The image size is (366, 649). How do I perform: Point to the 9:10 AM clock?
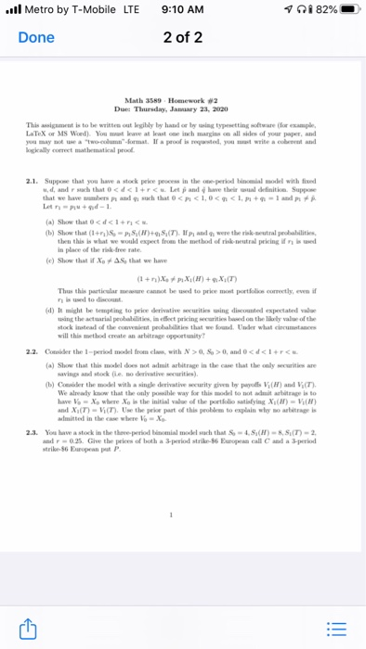[182, 11]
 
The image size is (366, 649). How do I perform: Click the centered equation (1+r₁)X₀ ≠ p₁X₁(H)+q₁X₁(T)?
[183, 281]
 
